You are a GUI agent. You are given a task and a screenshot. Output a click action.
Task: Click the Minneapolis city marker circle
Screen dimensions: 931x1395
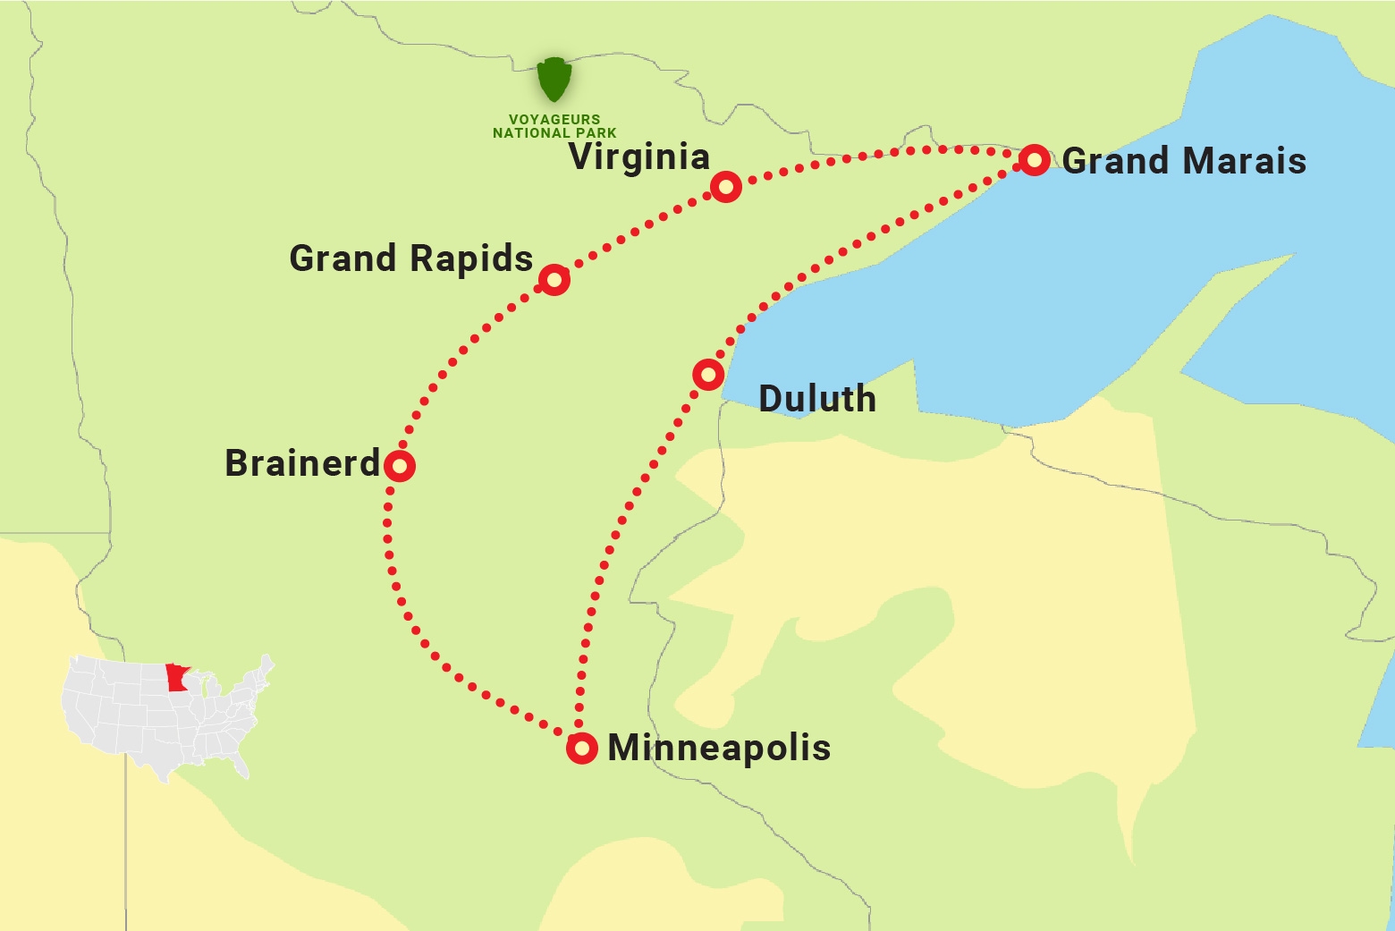tap(582, 748)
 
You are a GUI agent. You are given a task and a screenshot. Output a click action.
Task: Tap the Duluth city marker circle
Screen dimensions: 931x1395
tap(708, 374)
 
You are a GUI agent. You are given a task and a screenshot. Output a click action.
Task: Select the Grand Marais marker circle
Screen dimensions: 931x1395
tap(1035, 160)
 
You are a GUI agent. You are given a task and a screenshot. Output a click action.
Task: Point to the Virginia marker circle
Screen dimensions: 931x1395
tap(726, 187)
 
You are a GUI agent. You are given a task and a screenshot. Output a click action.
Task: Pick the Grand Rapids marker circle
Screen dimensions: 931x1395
tap(554, 280)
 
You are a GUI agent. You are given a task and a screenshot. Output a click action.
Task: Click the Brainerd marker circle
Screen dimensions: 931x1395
tap(400, 466)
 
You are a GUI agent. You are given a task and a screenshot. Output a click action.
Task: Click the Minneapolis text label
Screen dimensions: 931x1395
tap(719, 748)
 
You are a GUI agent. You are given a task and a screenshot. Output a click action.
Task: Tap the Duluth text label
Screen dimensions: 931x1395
tap(817, 399)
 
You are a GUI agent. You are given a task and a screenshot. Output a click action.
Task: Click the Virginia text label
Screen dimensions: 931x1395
tap(639, 157)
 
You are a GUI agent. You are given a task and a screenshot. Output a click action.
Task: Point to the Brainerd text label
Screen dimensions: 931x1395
tap(302, 463)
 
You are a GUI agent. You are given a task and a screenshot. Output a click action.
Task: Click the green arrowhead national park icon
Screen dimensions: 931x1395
tap(554, 80)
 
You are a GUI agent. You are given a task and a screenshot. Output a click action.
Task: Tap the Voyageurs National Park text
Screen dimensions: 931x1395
tap(554, 126)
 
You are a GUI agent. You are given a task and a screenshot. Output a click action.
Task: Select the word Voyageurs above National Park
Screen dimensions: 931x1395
tap(554, 119)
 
